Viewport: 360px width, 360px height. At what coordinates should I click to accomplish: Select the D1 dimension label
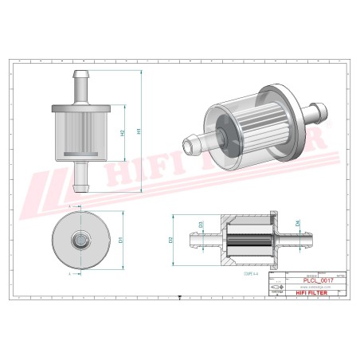(121, 238)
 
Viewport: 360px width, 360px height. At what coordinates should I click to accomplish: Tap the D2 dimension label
(171, 239)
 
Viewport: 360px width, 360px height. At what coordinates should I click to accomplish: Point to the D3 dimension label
(201, 225)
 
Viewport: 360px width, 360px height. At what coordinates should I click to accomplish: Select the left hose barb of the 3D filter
(194, 143)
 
